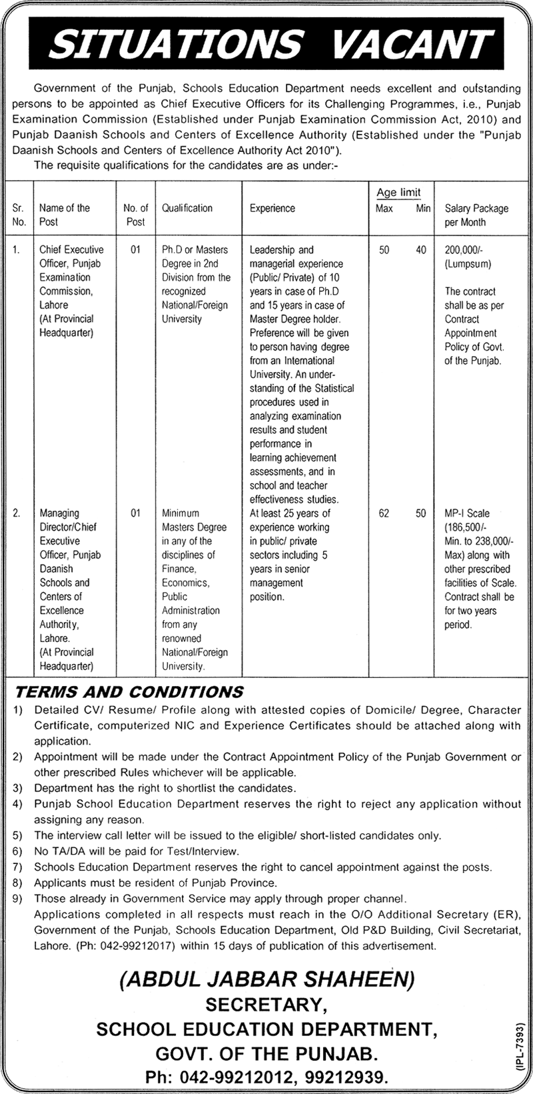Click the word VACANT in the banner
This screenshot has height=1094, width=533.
click(x=411, y=43)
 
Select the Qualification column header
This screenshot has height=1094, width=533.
click(x=187, y=208)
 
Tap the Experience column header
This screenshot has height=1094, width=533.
click(x=272, y=208)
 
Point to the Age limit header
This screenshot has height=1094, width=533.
click(x=398, y=193)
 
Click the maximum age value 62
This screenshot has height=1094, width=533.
click(x=384, y=513)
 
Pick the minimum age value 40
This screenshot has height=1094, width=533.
click(x=421, y=249)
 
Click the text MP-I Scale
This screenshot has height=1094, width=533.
click(x=467, y=513)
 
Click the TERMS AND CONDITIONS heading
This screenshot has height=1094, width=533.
click(x=129, y=691)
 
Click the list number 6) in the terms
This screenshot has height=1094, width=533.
click(x=17, y=851)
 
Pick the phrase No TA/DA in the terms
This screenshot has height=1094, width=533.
click(x=55, y=851)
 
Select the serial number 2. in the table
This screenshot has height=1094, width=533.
click(x=17, y=513)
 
